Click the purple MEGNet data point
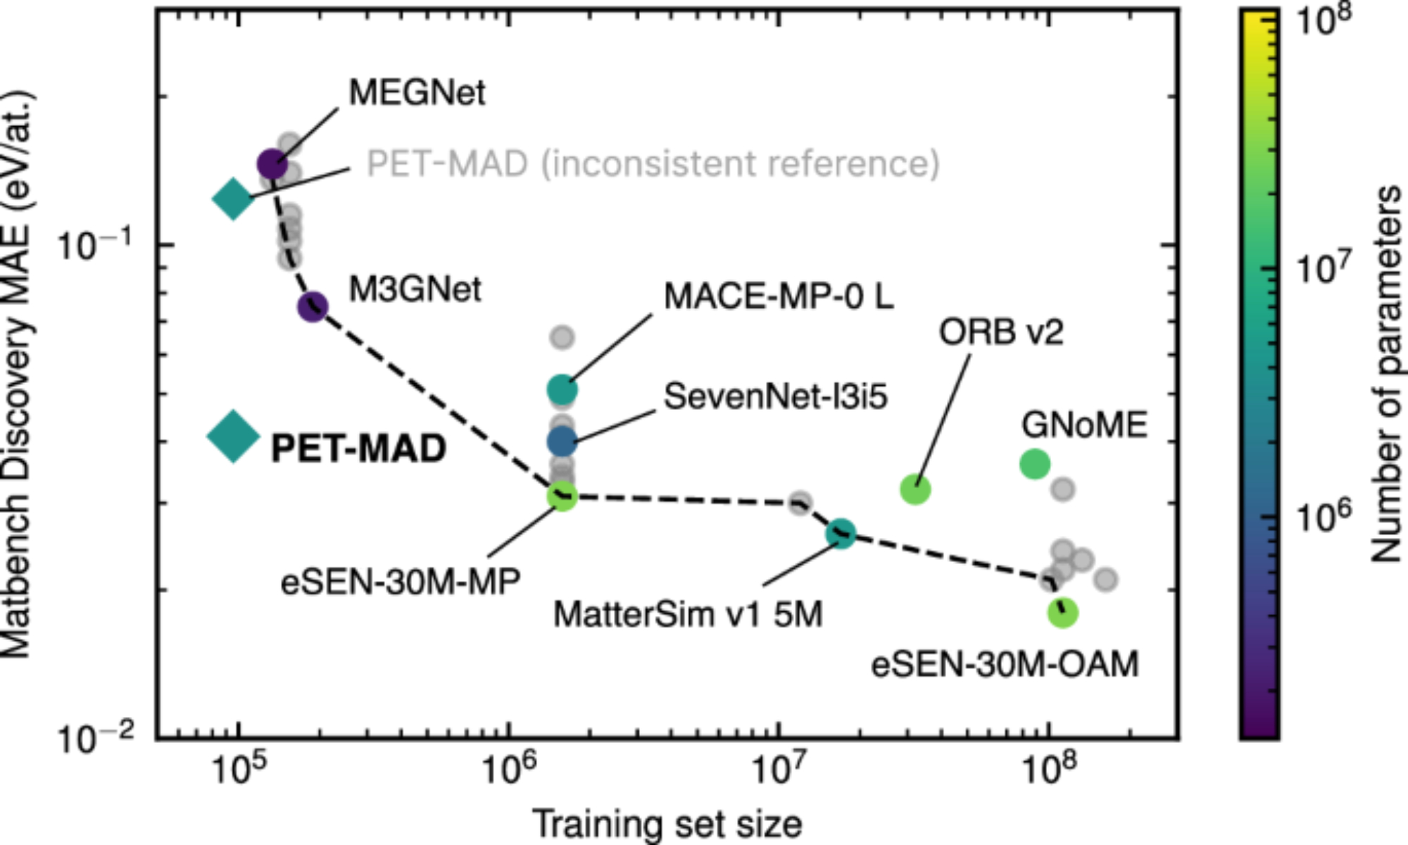[272, 164]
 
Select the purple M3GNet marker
[313, 306]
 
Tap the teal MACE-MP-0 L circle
[562, 389]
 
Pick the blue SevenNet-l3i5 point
[562, 442]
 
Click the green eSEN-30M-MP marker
[562, 496]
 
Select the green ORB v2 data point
[915, 489]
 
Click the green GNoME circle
[1034, 463]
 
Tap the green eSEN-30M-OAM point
[1062, 613]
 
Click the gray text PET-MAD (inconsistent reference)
[653, 163]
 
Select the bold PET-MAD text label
[358, 449]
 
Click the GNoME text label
[1084, 425]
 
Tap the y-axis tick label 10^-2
[96, 738]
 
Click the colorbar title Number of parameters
[1385, 373]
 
